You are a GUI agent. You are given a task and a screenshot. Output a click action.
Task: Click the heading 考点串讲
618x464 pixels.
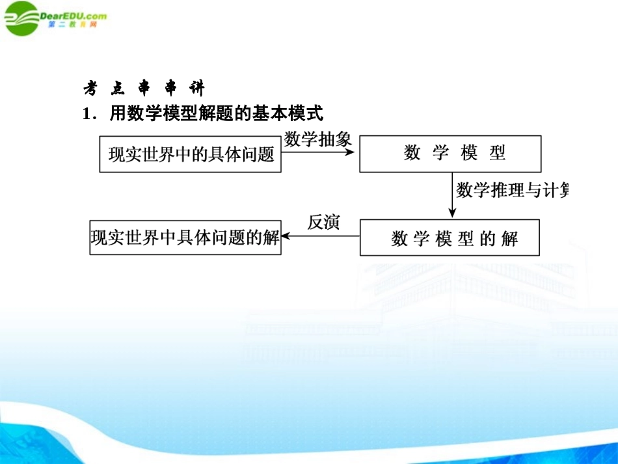click(144, 90)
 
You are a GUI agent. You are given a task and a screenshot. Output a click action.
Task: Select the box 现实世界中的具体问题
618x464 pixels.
click(190, 154)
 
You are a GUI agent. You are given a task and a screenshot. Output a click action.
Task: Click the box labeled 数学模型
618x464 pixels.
click(450, 154)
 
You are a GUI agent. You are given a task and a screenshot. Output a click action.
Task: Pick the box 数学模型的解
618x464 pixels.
click(450, 238)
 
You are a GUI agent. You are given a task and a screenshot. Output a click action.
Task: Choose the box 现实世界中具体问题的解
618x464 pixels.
click(185, 237)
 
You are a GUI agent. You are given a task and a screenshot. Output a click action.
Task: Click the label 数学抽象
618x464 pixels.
click(318, 139)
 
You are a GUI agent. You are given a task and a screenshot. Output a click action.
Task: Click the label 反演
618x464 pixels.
click(323, 223)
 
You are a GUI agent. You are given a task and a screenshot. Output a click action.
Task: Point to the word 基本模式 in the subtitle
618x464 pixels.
click(296, 115)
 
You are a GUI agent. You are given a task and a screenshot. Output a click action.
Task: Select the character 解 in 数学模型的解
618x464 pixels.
click(509, 238)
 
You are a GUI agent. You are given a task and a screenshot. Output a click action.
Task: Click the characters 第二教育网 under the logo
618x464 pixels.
click(73, 25)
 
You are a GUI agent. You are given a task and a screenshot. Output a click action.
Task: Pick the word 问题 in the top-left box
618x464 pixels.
click(258, 155)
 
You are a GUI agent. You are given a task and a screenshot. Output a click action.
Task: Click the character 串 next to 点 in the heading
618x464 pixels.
click(144, 90)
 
